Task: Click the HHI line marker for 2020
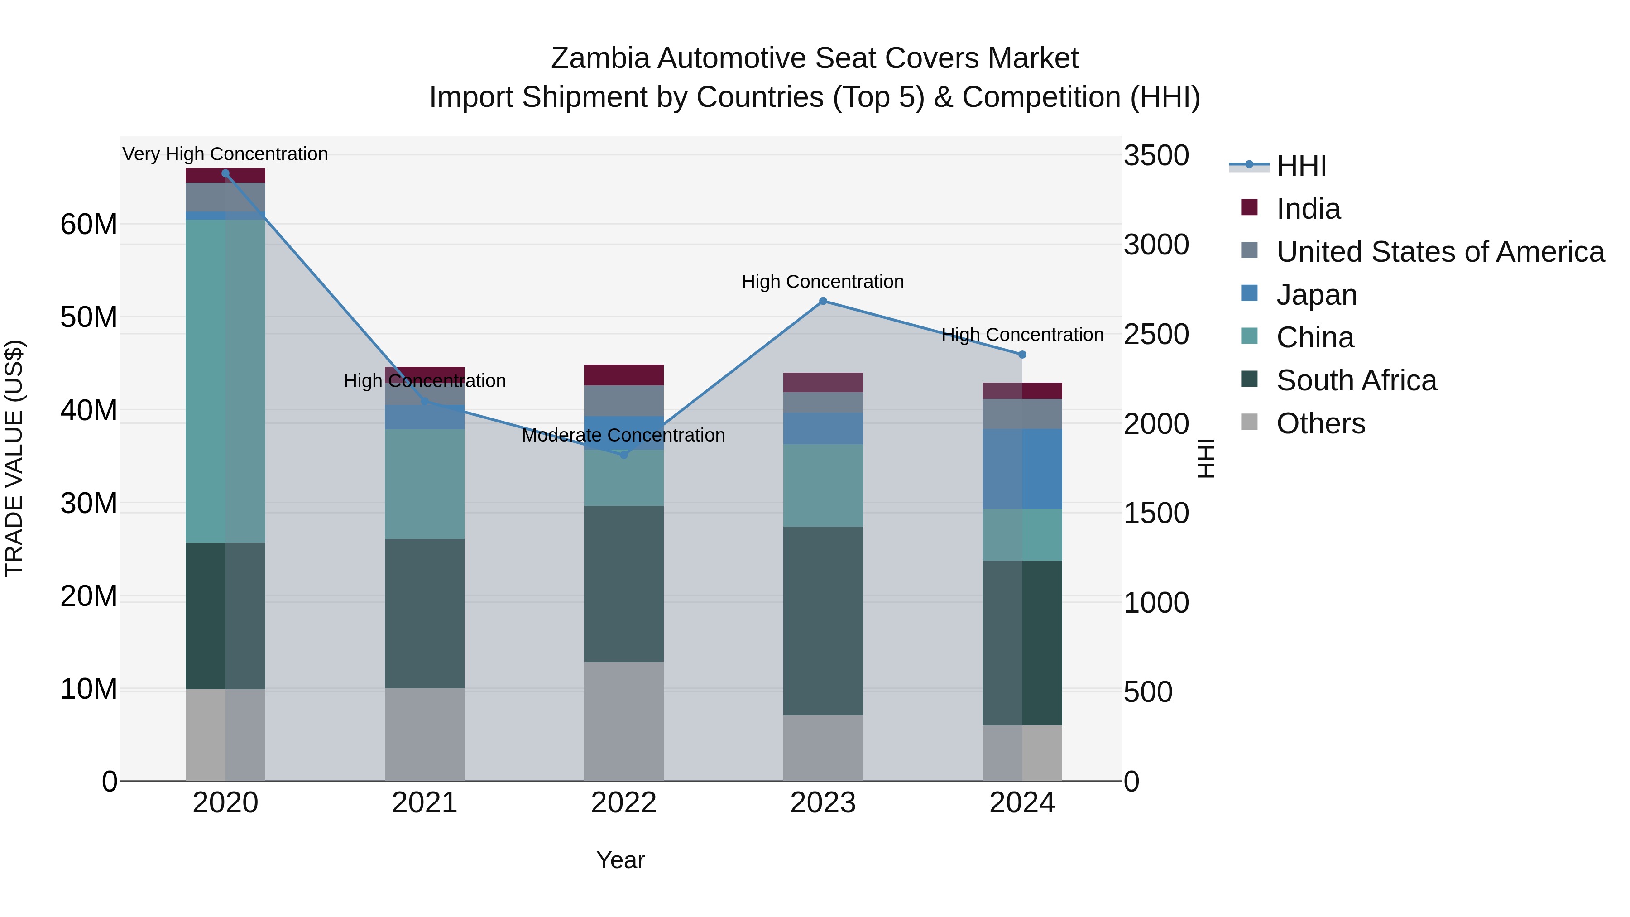225,173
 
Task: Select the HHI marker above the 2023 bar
823,301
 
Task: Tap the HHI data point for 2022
623,454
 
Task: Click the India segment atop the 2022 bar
623,374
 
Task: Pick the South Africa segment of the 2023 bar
823,620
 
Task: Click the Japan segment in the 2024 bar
1022,468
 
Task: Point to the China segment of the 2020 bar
225,380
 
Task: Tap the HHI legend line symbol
1248,165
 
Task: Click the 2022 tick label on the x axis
623,803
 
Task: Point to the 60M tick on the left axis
89,224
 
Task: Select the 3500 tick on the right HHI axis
1156,156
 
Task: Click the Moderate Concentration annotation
623,435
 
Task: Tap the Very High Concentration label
225,154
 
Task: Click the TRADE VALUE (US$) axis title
14,458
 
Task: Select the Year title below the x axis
620,860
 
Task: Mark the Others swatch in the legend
1249,422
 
